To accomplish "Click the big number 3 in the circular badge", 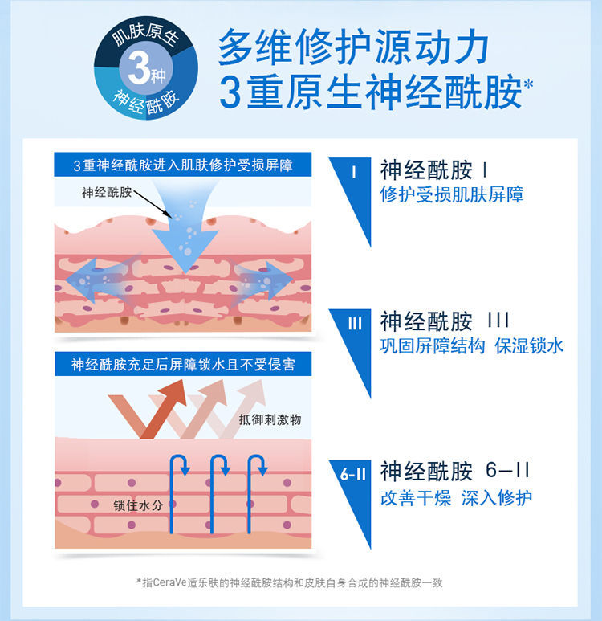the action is point(139,69).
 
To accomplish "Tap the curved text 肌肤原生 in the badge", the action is point(144,35).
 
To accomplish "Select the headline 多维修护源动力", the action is point(353,47).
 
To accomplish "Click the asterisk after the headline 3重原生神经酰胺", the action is point(528,84).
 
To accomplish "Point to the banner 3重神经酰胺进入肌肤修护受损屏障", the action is point(183,165).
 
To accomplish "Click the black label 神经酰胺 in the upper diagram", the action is point(107,193).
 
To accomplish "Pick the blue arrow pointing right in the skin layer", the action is point(262,280).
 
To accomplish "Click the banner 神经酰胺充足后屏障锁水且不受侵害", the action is point(183,364).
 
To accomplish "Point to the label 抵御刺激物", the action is point(270,419).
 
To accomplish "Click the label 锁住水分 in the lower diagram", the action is point(138,505).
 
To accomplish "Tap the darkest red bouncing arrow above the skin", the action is point(147,409).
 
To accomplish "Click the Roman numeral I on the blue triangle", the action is point(353,172).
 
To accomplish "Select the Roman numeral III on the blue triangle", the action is point(355,324).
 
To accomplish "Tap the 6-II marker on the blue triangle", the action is point(353,474).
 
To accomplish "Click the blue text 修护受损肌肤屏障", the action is point(452,194).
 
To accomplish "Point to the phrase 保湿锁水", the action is point(529,345).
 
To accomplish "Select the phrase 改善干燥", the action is point(416,498).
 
